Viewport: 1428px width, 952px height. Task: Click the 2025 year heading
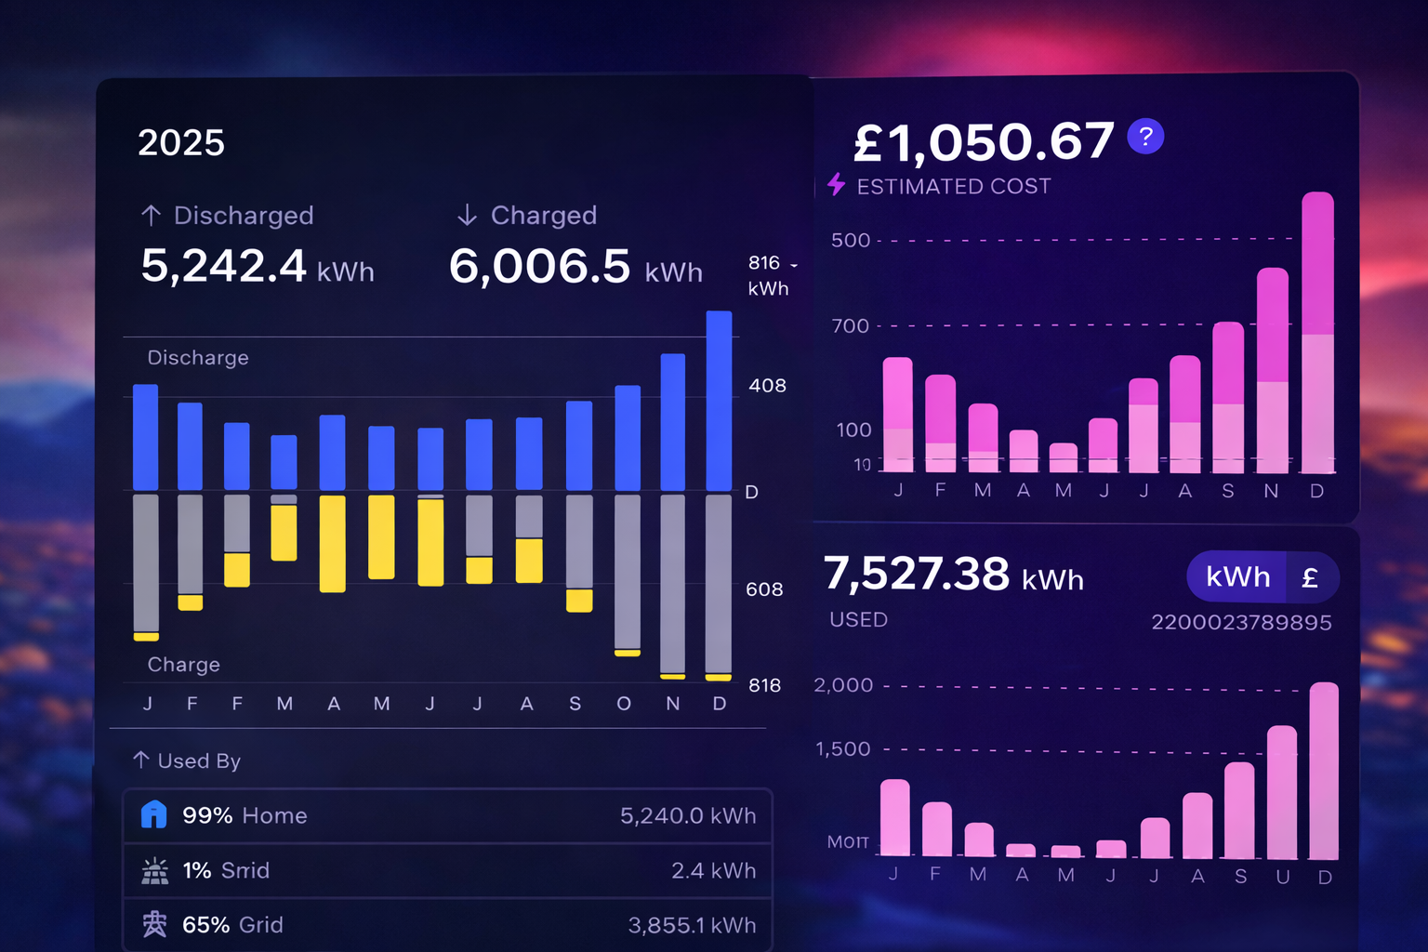click(x=181, y=143)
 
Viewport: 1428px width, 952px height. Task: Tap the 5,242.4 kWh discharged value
click(x=257, y=267)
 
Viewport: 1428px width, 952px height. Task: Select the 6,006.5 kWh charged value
click(x=575, y=267)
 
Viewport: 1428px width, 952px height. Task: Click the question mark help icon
click(x=1145, y=137)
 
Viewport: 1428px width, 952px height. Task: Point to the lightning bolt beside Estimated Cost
click(x=837, y=184)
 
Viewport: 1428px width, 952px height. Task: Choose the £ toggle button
click(x=1311, y=577)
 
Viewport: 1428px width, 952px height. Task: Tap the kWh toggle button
click(x=1237, y=577)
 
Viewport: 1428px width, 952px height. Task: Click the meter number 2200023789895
click(x=1241, y=623)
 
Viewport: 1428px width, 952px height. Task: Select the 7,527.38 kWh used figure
click(x=953, y=575)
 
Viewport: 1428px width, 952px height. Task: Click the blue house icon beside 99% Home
click(x=153, y=815)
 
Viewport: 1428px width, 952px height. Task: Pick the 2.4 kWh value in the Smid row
click(x=713, y=870)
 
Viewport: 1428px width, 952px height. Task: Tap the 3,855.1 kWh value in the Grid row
click(x=692, y=925)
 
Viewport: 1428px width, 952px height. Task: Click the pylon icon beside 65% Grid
click(x=154, y=924)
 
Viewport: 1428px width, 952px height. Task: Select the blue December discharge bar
click(x=719, y=401)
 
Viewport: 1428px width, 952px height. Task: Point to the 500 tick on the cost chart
click(x=850, y=241)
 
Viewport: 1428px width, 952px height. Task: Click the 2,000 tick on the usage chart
click(x=843, y=685)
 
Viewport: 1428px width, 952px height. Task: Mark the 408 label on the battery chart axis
click(x=767, y=386)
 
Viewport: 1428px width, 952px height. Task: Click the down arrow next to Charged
click(x=467, y=216)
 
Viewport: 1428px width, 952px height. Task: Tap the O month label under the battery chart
click(x=624, y=704)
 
